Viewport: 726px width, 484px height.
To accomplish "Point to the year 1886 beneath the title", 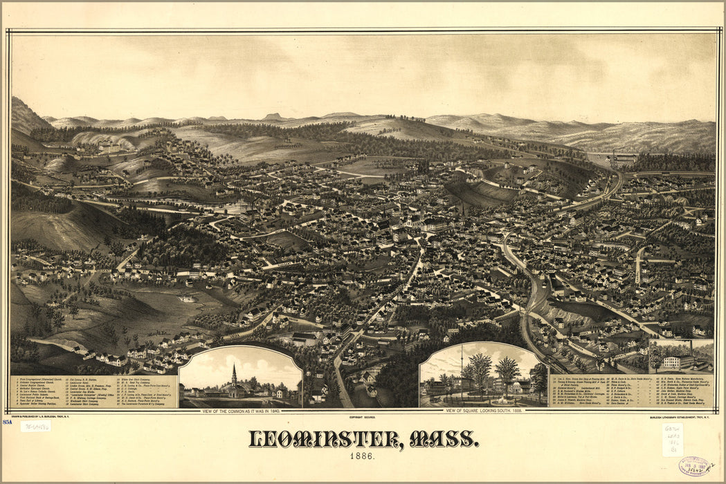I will coord(363,457).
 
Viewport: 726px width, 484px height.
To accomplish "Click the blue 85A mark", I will coord(8,421).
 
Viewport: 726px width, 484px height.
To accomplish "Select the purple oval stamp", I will coord(694,466).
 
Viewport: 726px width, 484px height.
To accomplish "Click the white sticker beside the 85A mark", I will coord(35,427).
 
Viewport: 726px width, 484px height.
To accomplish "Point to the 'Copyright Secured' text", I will coord(362,418).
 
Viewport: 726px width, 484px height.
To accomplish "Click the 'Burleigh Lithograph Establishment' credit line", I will coord(677,418).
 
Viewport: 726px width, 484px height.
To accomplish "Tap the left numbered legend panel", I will coord(94,391).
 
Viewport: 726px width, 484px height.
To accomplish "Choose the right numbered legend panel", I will coord(630,391).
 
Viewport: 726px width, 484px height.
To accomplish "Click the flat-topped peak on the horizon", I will coord(272,116).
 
